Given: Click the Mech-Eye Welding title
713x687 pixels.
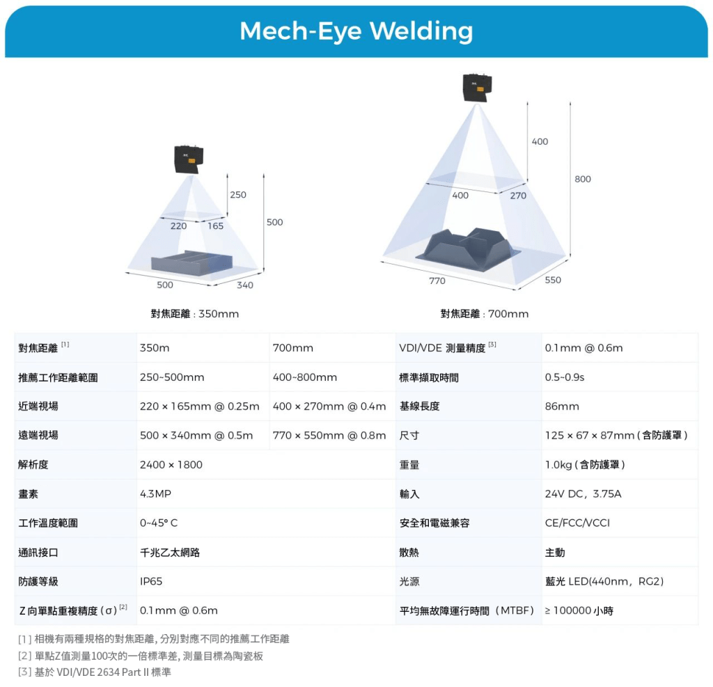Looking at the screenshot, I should point(356,31).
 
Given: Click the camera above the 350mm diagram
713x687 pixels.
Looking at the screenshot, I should point(188,159).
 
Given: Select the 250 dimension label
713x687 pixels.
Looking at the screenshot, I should point(238,195).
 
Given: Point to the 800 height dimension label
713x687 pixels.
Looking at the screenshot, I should point(583,180).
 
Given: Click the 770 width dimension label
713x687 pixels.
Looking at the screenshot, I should point(437,281).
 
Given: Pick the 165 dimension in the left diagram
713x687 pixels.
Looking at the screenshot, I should point(215,226).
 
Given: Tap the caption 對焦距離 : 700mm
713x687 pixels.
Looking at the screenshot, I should point(484,314).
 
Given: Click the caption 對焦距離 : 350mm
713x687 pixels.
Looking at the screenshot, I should point(195,314).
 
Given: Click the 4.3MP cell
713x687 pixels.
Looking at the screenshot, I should point(155,494).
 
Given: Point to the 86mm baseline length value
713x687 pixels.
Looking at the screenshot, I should point(562,406).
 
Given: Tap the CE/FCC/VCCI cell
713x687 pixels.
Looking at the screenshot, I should point(577,523).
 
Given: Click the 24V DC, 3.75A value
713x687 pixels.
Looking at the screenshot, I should point(583,494).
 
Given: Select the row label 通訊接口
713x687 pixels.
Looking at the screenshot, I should point(38,553).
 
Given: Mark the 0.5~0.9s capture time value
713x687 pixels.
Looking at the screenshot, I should point(565,377).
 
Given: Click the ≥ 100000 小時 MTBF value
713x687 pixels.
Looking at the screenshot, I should point(579,611).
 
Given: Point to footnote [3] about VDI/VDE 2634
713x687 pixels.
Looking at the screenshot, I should point(95,672).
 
